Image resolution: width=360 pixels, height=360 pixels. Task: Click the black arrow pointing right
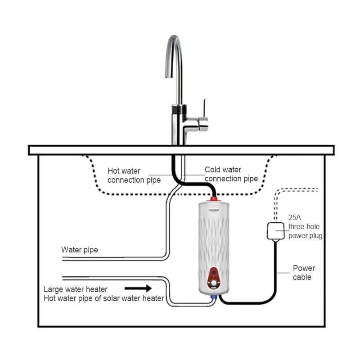point(138,288)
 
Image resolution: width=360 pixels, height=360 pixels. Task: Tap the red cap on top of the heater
point(213,199)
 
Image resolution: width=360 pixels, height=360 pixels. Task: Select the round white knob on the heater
point(214,283)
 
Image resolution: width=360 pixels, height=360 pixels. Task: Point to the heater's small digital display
point(214,273)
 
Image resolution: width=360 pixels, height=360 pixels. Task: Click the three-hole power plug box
point(275,231)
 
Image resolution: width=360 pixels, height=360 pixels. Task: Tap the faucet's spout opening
point(169,76)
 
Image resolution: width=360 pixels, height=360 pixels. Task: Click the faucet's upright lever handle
point(205,108)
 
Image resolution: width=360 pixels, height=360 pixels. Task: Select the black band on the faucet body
point(179,109)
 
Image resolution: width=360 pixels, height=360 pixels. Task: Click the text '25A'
point(295,217)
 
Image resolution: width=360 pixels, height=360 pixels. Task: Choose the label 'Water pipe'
point(80,250)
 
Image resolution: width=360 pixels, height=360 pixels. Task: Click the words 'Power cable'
point(304,273)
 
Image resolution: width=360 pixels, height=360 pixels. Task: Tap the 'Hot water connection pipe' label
point(134,175)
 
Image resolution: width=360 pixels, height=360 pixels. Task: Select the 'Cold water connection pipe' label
point(231,174)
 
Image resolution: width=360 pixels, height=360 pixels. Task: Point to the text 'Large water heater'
point(76,289)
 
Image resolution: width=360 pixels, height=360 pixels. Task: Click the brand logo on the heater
point(214,210)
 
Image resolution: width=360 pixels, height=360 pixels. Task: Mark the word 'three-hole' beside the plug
point(304,226)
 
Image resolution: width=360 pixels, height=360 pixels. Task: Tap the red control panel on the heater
point(214,278)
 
